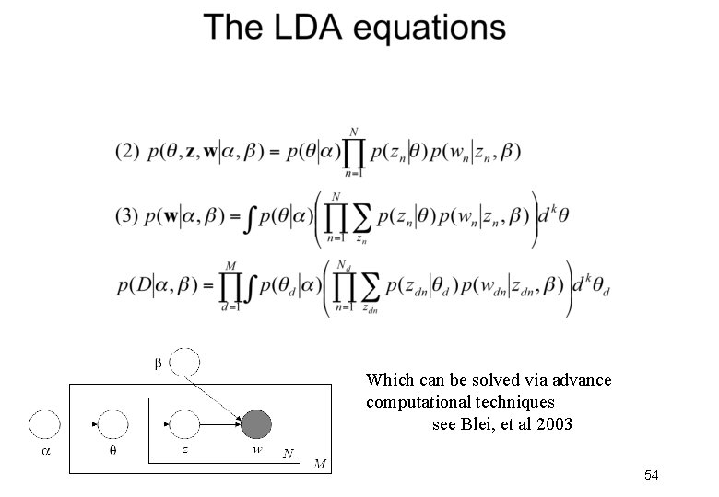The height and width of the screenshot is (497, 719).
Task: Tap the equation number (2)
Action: (x=128, y=152)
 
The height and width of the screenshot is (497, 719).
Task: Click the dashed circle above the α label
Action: (x=45, y=424)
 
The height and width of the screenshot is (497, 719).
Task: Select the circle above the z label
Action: (x=185, y=424)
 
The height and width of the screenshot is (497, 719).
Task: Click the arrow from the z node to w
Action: (x=220, y=424)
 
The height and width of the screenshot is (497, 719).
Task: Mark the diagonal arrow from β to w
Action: (x=220, y=394)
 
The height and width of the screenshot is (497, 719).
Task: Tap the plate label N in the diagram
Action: (x=289, y=454)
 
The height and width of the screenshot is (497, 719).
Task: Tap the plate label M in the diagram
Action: (x=319, y=463)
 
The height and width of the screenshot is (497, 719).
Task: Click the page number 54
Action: (x=651, y=475)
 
